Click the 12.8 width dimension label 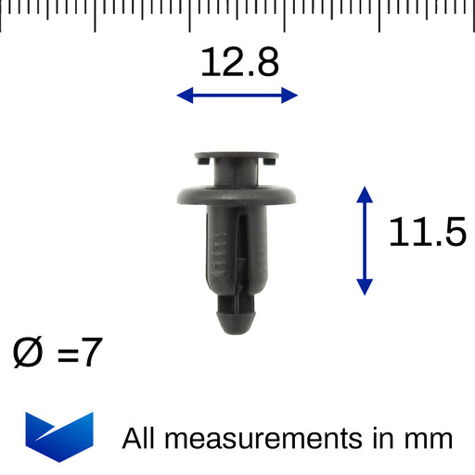point(239,62)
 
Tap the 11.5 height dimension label point(428,232)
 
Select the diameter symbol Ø point(27,353)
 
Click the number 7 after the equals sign point(92,352)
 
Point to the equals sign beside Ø point(68,354)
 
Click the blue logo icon point(59,437)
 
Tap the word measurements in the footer point(263,439)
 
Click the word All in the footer point(138,438)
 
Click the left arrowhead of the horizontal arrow point(185,96)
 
